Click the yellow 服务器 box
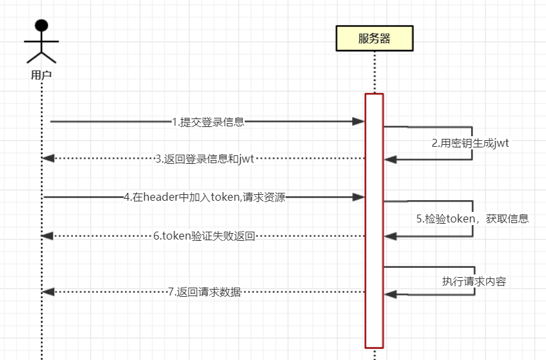tap(374, 38)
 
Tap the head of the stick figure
tap(41, 26)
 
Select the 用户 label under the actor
tap(41, 75)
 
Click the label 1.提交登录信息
tap(208, 121)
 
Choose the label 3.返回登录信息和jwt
tap(205, 158)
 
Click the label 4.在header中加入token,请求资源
tap(205, 197)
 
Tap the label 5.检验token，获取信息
tap(472, 219)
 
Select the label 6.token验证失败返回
tap(204, 236)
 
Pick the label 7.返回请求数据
tap(204, 292)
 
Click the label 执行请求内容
tap(474, 281)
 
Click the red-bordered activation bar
tap(374, 220)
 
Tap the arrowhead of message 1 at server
tap(359, 121)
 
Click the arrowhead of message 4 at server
tap(359, 197)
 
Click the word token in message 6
tap(178, 236)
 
